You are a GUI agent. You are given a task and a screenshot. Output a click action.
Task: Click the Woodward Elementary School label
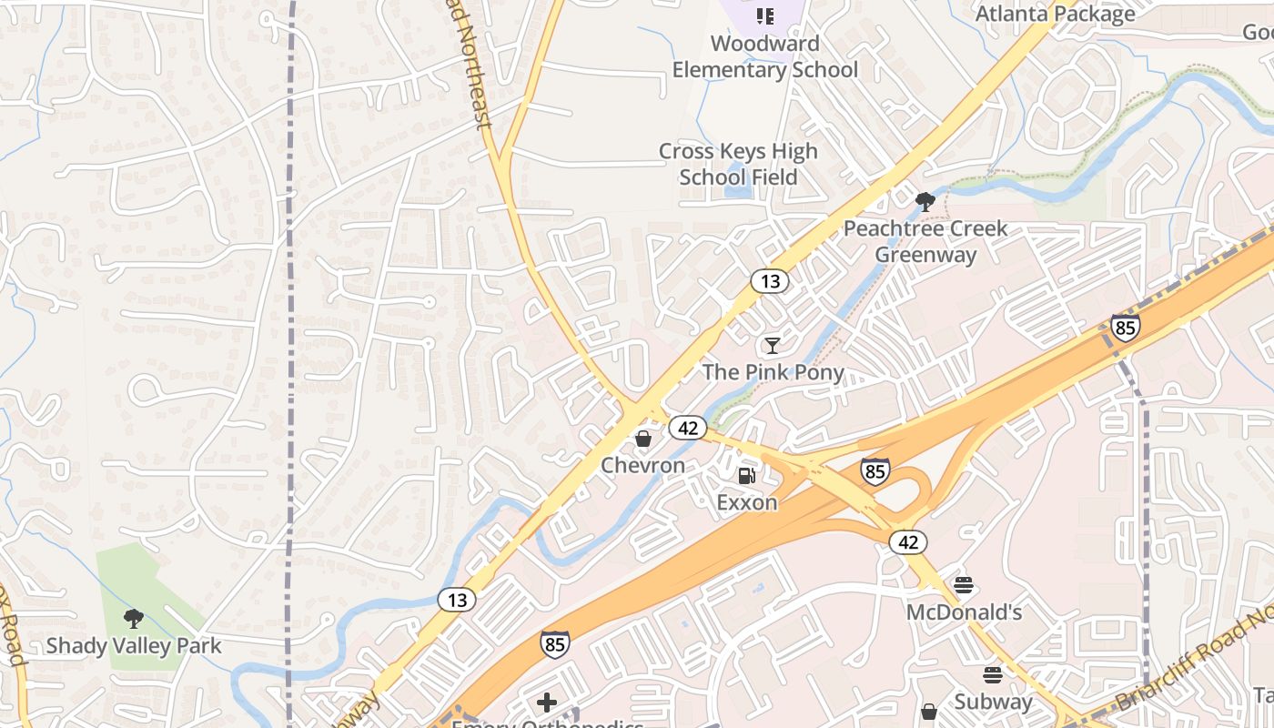(x=765, y=56)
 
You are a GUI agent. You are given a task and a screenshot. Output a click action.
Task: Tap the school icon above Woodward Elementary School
(x=764, y=16)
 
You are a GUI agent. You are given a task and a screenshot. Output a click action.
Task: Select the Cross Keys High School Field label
(x=738, y=164)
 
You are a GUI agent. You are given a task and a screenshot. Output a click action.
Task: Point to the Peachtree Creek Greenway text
(x=925, y=241)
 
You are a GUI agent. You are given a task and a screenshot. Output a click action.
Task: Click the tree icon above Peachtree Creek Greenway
(x=925, y=201)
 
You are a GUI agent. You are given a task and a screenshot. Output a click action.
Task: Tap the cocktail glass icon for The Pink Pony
(x=773, y=345)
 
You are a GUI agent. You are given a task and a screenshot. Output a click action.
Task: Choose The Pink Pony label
(x=773, y=372)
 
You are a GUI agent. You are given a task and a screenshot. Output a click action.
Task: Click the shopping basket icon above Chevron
(x=643, y=440)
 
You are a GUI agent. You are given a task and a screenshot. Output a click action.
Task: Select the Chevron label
(x=642, y=466)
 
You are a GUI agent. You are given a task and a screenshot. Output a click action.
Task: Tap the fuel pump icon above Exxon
(x=746, y=475)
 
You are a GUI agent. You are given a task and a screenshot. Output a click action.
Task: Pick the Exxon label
(x=746, y=502)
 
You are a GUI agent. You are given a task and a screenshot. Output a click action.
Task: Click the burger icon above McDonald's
(x=964, y=585)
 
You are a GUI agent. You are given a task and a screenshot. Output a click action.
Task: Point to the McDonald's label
(x=964, y=612)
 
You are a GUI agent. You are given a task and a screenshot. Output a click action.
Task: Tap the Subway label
(x=993, y=702)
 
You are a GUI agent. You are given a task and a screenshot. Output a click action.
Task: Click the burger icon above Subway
(x=993, y=675)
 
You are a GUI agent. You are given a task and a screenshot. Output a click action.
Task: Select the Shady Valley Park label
(x=134, y=646)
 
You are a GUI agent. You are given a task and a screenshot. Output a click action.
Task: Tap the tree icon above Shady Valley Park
(x=134, y=619)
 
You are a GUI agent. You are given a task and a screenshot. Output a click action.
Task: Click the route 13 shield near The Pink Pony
(x=770, y=281)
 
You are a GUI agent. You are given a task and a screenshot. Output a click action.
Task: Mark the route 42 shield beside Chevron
(x=688, y=427)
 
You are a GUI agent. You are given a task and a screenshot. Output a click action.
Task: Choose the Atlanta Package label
(x=1055, y=14)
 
